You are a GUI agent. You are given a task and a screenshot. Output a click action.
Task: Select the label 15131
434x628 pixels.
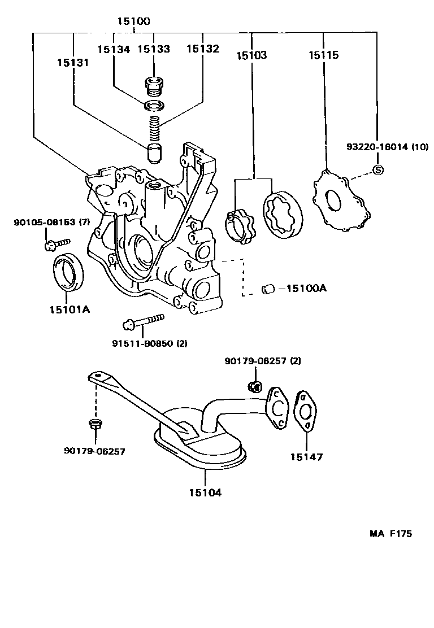[x=72, y=63]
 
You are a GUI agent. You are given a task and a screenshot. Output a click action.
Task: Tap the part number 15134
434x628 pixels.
[x=113, y=50]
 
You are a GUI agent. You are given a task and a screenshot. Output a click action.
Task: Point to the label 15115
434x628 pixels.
[x=323, y=55]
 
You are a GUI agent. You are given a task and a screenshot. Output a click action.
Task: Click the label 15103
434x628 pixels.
[x=251, y=55]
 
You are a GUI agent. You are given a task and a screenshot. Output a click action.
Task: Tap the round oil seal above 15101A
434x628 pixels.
[x=70, y=272]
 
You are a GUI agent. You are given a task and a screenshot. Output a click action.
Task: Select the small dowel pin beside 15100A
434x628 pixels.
[x=267, y=289]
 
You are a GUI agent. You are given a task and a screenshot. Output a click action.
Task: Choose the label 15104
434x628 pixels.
[x=205, y=492]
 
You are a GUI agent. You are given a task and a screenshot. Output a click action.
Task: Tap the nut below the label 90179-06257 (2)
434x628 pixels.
[x=255, y=386]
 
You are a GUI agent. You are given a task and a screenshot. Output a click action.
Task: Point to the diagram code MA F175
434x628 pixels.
[x=391, y=534]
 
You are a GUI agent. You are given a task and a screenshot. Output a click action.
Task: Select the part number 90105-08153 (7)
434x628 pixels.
[x=52, y=223]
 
